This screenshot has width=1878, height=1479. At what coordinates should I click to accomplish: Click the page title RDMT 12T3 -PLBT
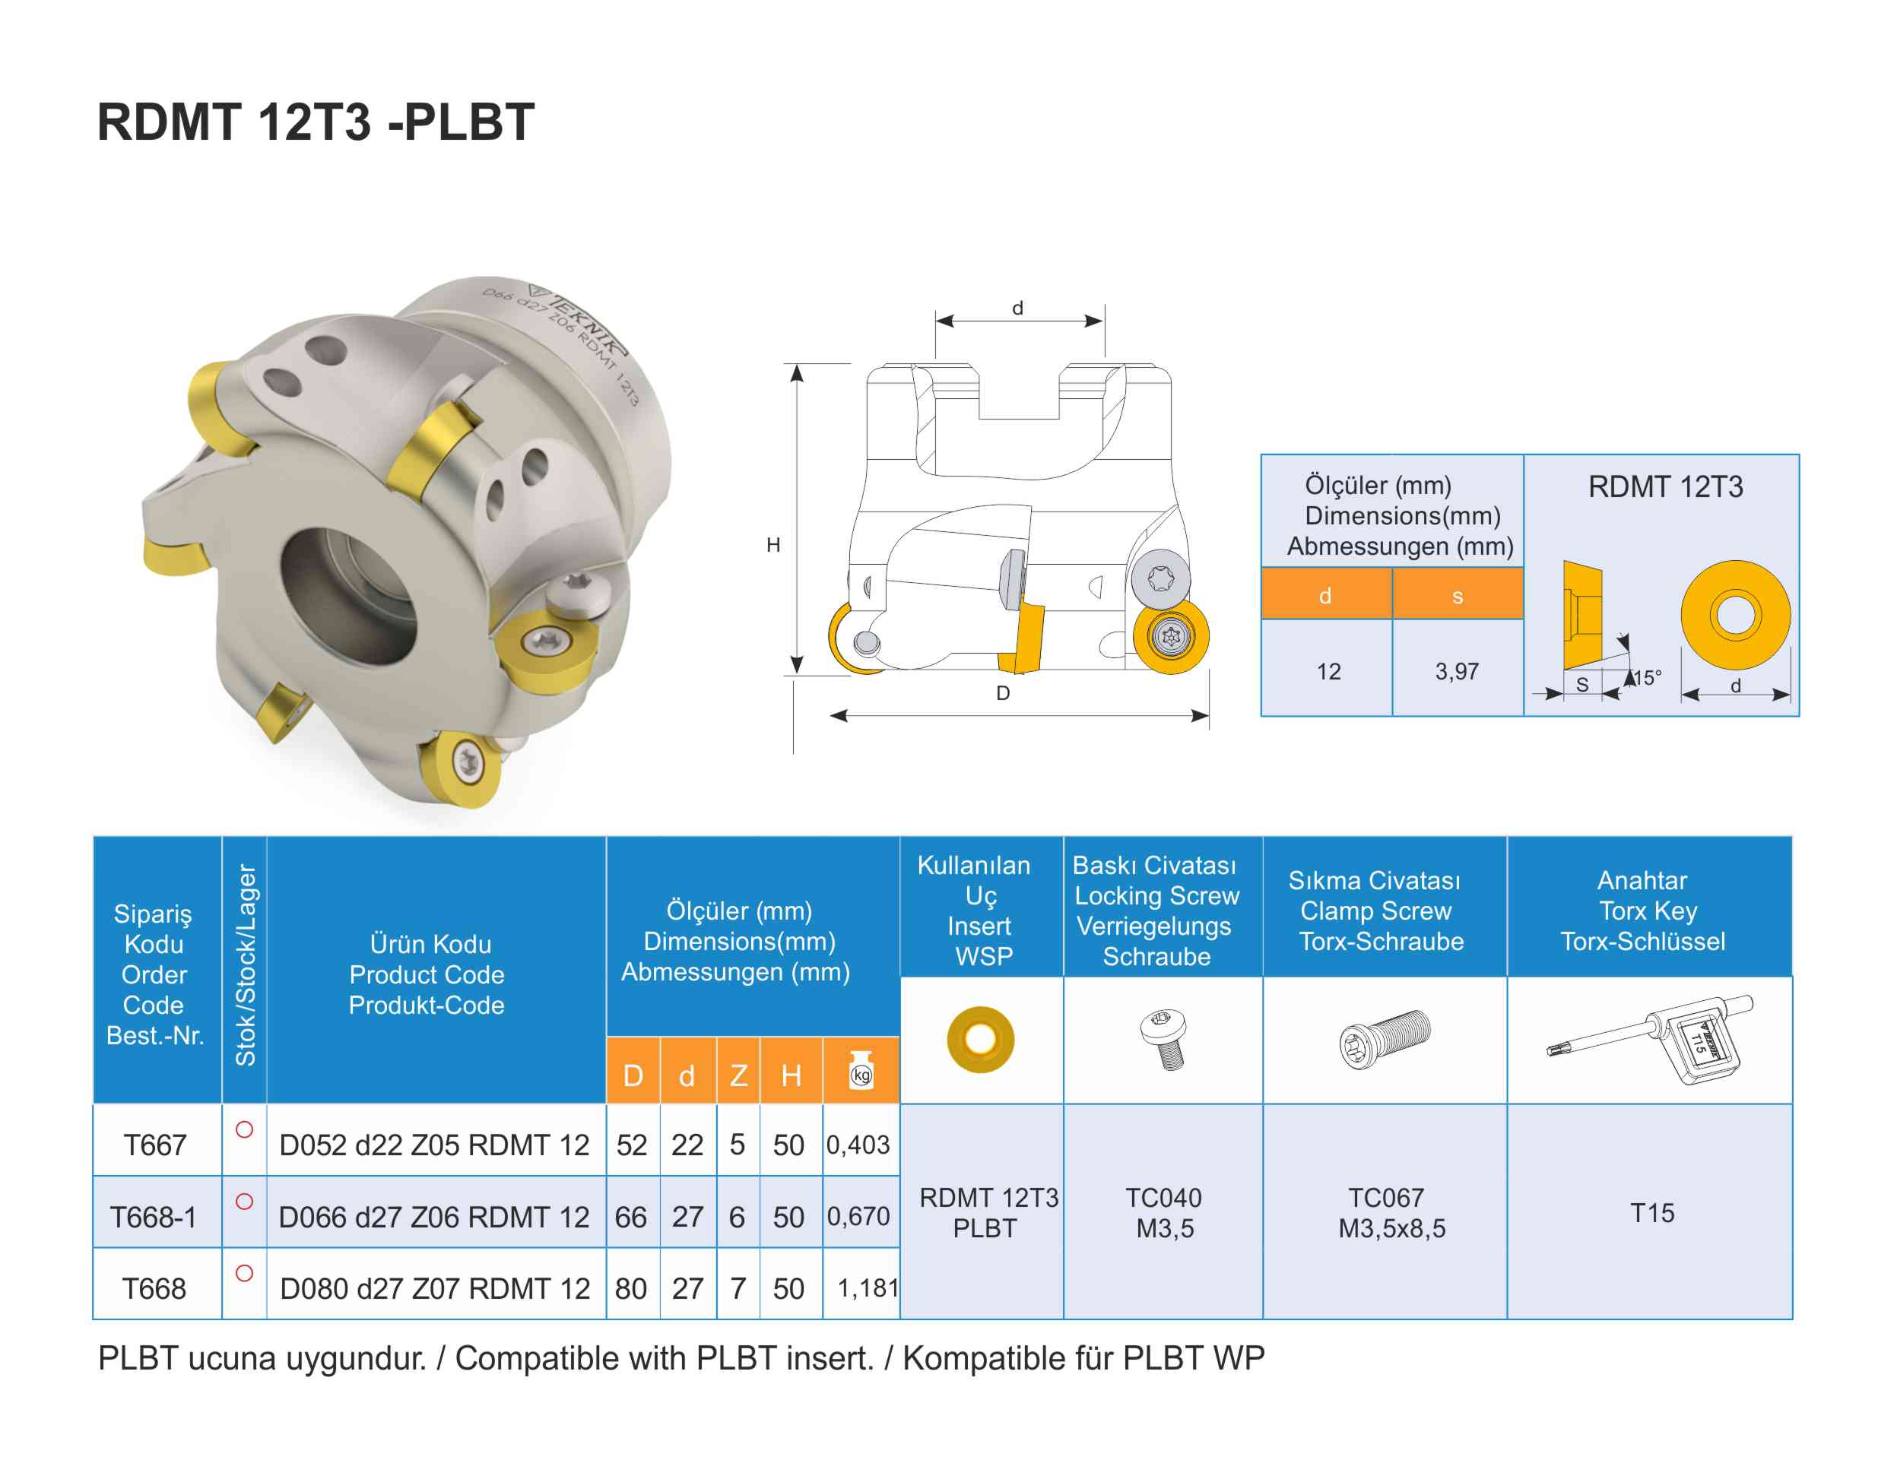(316, 122)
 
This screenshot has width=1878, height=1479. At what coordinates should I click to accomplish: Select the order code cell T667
(155, 1145)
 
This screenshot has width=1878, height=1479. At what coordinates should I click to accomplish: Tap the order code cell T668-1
(154, 1217)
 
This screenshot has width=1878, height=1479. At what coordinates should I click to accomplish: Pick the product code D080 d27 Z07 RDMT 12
(435, 1288)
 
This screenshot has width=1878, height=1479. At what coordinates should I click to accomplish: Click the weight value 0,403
(858, 1145)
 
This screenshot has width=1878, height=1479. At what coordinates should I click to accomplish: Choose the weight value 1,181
(867, 1288)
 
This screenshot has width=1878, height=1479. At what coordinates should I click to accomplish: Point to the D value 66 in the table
(630, 1217)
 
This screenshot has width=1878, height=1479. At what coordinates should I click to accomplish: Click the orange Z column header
(738, 1075)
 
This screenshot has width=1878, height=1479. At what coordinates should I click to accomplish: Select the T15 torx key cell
(1651, 1212)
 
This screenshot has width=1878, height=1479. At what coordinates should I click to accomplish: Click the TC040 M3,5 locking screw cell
(1163, 1212)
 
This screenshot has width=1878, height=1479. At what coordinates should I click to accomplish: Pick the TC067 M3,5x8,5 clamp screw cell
(1391, 1212)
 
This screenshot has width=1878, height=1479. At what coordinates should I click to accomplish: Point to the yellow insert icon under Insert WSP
(980, 1039)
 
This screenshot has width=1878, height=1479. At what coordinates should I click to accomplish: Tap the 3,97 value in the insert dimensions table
(1456, 671)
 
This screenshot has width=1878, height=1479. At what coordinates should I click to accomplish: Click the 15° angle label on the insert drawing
(1646, 678)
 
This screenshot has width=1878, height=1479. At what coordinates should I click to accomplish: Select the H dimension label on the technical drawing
(772, 545)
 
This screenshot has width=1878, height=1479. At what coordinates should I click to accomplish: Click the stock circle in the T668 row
(244, 1273)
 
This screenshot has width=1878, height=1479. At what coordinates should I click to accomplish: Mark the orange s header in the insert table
(1457, 596)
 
